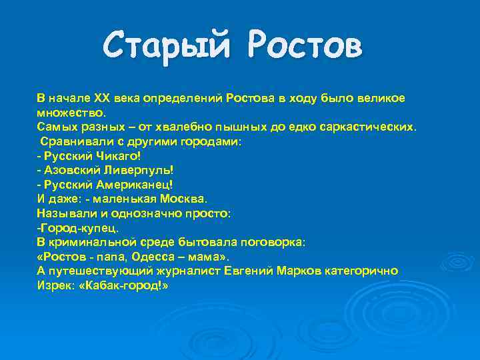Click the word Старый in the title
[x=170, y=47]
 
